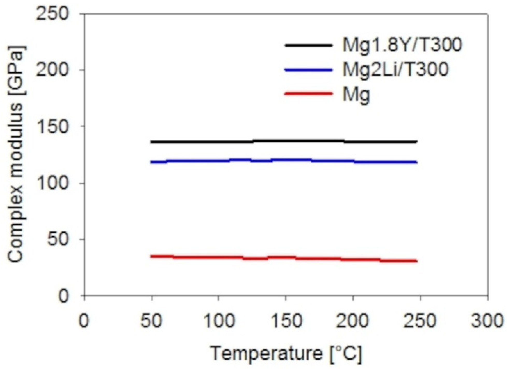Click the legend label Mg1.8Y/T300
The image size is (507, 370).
click(x=402, y=45)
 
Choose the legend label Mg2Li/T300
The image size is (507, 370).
click(x=395, y=69)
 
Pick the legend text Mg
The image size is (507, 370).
click(x=356, y=95)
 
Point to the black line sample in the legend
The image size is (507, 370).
click(x=308, y=45)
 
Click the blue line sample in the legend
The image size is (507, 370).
click(x=308, y=69)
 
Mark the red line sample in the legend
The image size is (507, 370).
click(x=308, y=94)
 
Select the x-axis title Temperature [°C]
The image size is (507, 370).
click(x=286, y=353)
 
